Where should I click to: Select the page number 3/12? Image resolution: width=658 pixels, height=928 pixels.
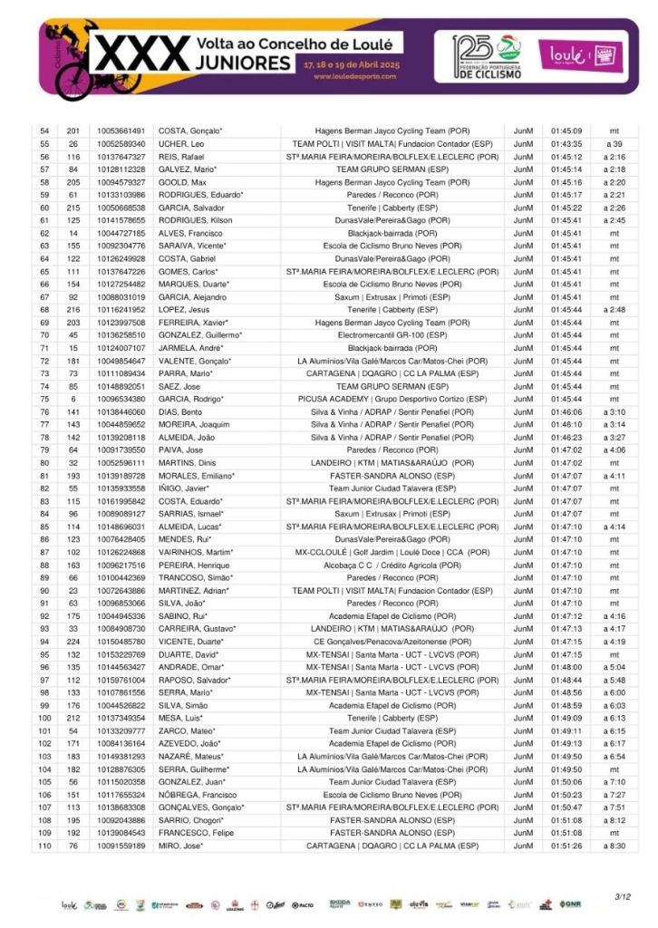(x=623, y=896)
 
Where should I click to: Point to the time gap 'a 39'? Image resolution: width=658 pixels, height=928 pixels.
(x=614, y=143)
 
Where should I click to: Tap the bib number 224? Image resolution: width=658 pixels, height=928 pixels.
(x=73, y=641)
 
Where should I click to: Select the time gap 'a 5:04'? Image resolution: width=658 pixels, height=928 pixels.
(x=614, y=667)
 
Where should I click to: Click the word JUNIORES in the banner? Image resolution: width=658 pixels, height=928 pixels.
(x=242, y=64)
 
